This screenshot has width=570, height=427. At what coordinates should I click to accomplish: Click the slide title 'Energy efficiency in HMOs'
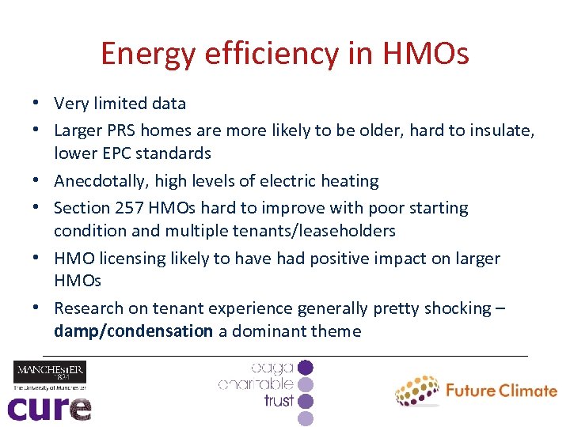pyautogui.click(x=285, y=54)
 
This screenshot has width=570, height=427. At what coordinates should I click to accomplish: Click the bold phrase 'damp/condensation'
pyautogui.click(x=133, y=331)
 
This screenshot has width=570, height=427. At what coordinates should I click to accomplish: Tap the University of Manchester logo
pyautogui.click(x=49, y=376)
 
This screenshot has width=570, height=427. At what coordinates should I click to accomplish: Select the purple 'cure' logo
pyautogui.click(x=49, y=407)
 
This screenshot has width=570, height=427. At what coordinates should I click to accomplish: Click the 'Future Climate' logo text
pyautogui.click(x=501, y=390)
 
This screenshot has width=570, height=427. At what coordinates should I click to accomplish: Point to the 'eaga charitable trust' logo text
pyautogui.click(x=257, y=384)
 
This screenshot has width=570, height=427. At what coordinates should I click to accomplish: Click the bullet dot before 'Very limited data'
pyautogui.click(x=37, y=104)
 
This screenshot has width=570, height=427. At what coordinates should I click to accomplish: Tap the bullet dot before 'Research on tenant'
pyautogui.click(x=37, y=308)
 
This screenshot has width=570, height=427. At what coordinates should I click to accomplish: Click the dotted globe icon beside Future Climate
pyautogui.click(x=417, y=391)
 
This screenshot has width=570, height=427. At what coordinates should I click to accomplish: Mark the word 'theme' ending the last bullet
pyautogui.click(x=336, y=331)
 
